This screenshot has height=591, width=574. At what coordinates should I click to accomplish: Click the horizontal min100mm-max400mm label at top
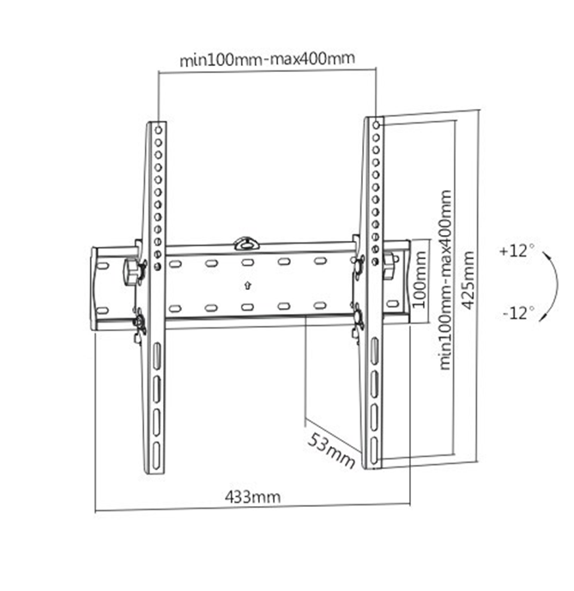267,60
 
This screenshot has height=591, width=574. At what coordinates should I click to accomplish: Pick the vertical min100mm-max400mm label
444,280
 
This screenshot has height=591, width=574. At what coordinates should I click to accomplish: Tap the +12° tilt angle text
516,251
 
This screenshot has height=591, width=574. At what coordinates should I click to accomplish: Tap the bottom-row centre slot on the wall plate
246,307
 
